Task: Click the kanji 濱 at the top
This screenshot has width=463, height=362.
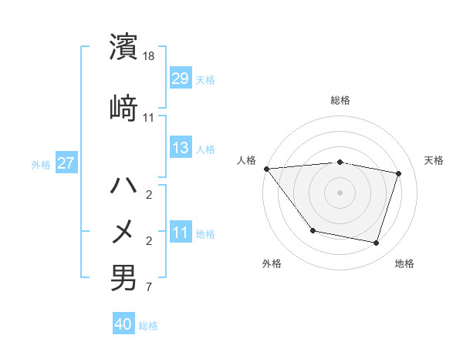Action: [124, 48]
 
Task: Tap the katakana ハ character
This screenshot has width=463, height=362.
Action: [124, 186]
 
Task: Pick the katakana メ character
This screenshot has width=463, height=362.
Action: [124, 231]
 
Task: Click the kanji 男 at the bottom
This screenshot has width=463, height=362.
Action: [124, 277]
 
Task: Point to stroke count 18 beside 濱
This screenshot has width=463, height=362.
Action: [149, 57]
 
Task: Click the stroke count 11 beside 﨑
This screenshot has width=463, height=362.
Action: [149, 118]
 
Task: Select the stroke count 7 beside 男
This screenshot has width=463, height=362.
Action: [149, 288]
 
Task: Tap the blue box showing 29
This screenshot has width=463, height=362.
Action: [181, 79]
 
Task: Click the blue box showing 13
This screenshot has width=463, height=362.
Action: [181, 148]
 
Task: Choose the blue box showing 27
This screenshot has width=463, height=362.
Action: [66, 163]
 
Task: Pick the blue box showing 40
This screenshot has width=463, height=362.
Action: [123, 324]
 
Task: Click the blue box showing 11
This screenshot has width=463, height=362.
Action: [181, 233]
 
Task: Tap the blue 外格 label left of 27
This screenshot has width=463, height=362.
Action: [41, 164]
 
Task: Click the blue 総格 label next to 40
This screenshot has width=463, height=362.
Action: [148, 325]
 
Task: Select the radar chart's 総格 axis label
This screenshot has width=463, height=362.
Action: [340, 100]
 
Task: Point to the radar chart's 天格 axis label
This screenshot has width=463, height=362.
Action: [434, 160]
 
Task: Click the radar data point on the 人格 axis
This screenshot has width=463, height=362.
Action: [266, 169]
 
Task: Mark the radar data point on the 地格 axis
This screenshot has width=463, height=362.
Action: [376, 243]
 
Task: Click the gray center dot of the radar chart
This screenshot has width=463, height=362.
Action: [340, 192]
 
